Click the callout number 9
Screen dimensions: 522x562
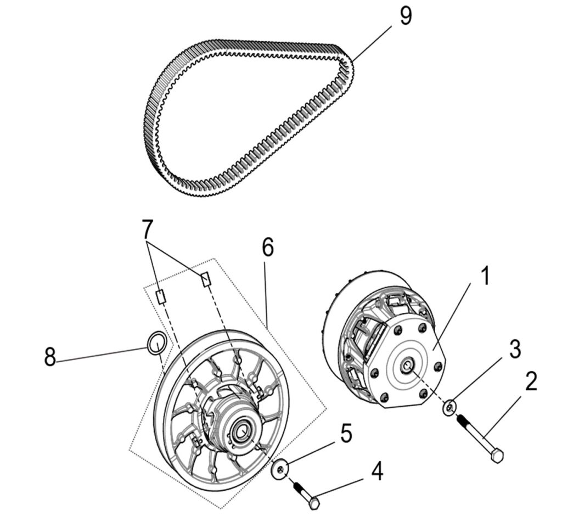405,16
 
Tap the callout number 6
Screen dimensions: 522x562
267,248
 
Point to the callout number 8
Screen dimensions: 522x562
50,358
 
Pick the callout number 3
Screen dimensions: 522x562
514,349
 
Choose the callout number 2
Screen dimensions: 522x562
530,382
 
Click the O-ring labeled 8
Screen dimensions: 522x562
156,344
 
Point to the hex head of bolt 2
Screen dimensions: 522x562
496,455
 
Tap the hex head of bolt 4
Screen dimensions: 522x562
314,502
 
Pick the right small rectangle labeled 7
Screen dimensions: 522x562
205,279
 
